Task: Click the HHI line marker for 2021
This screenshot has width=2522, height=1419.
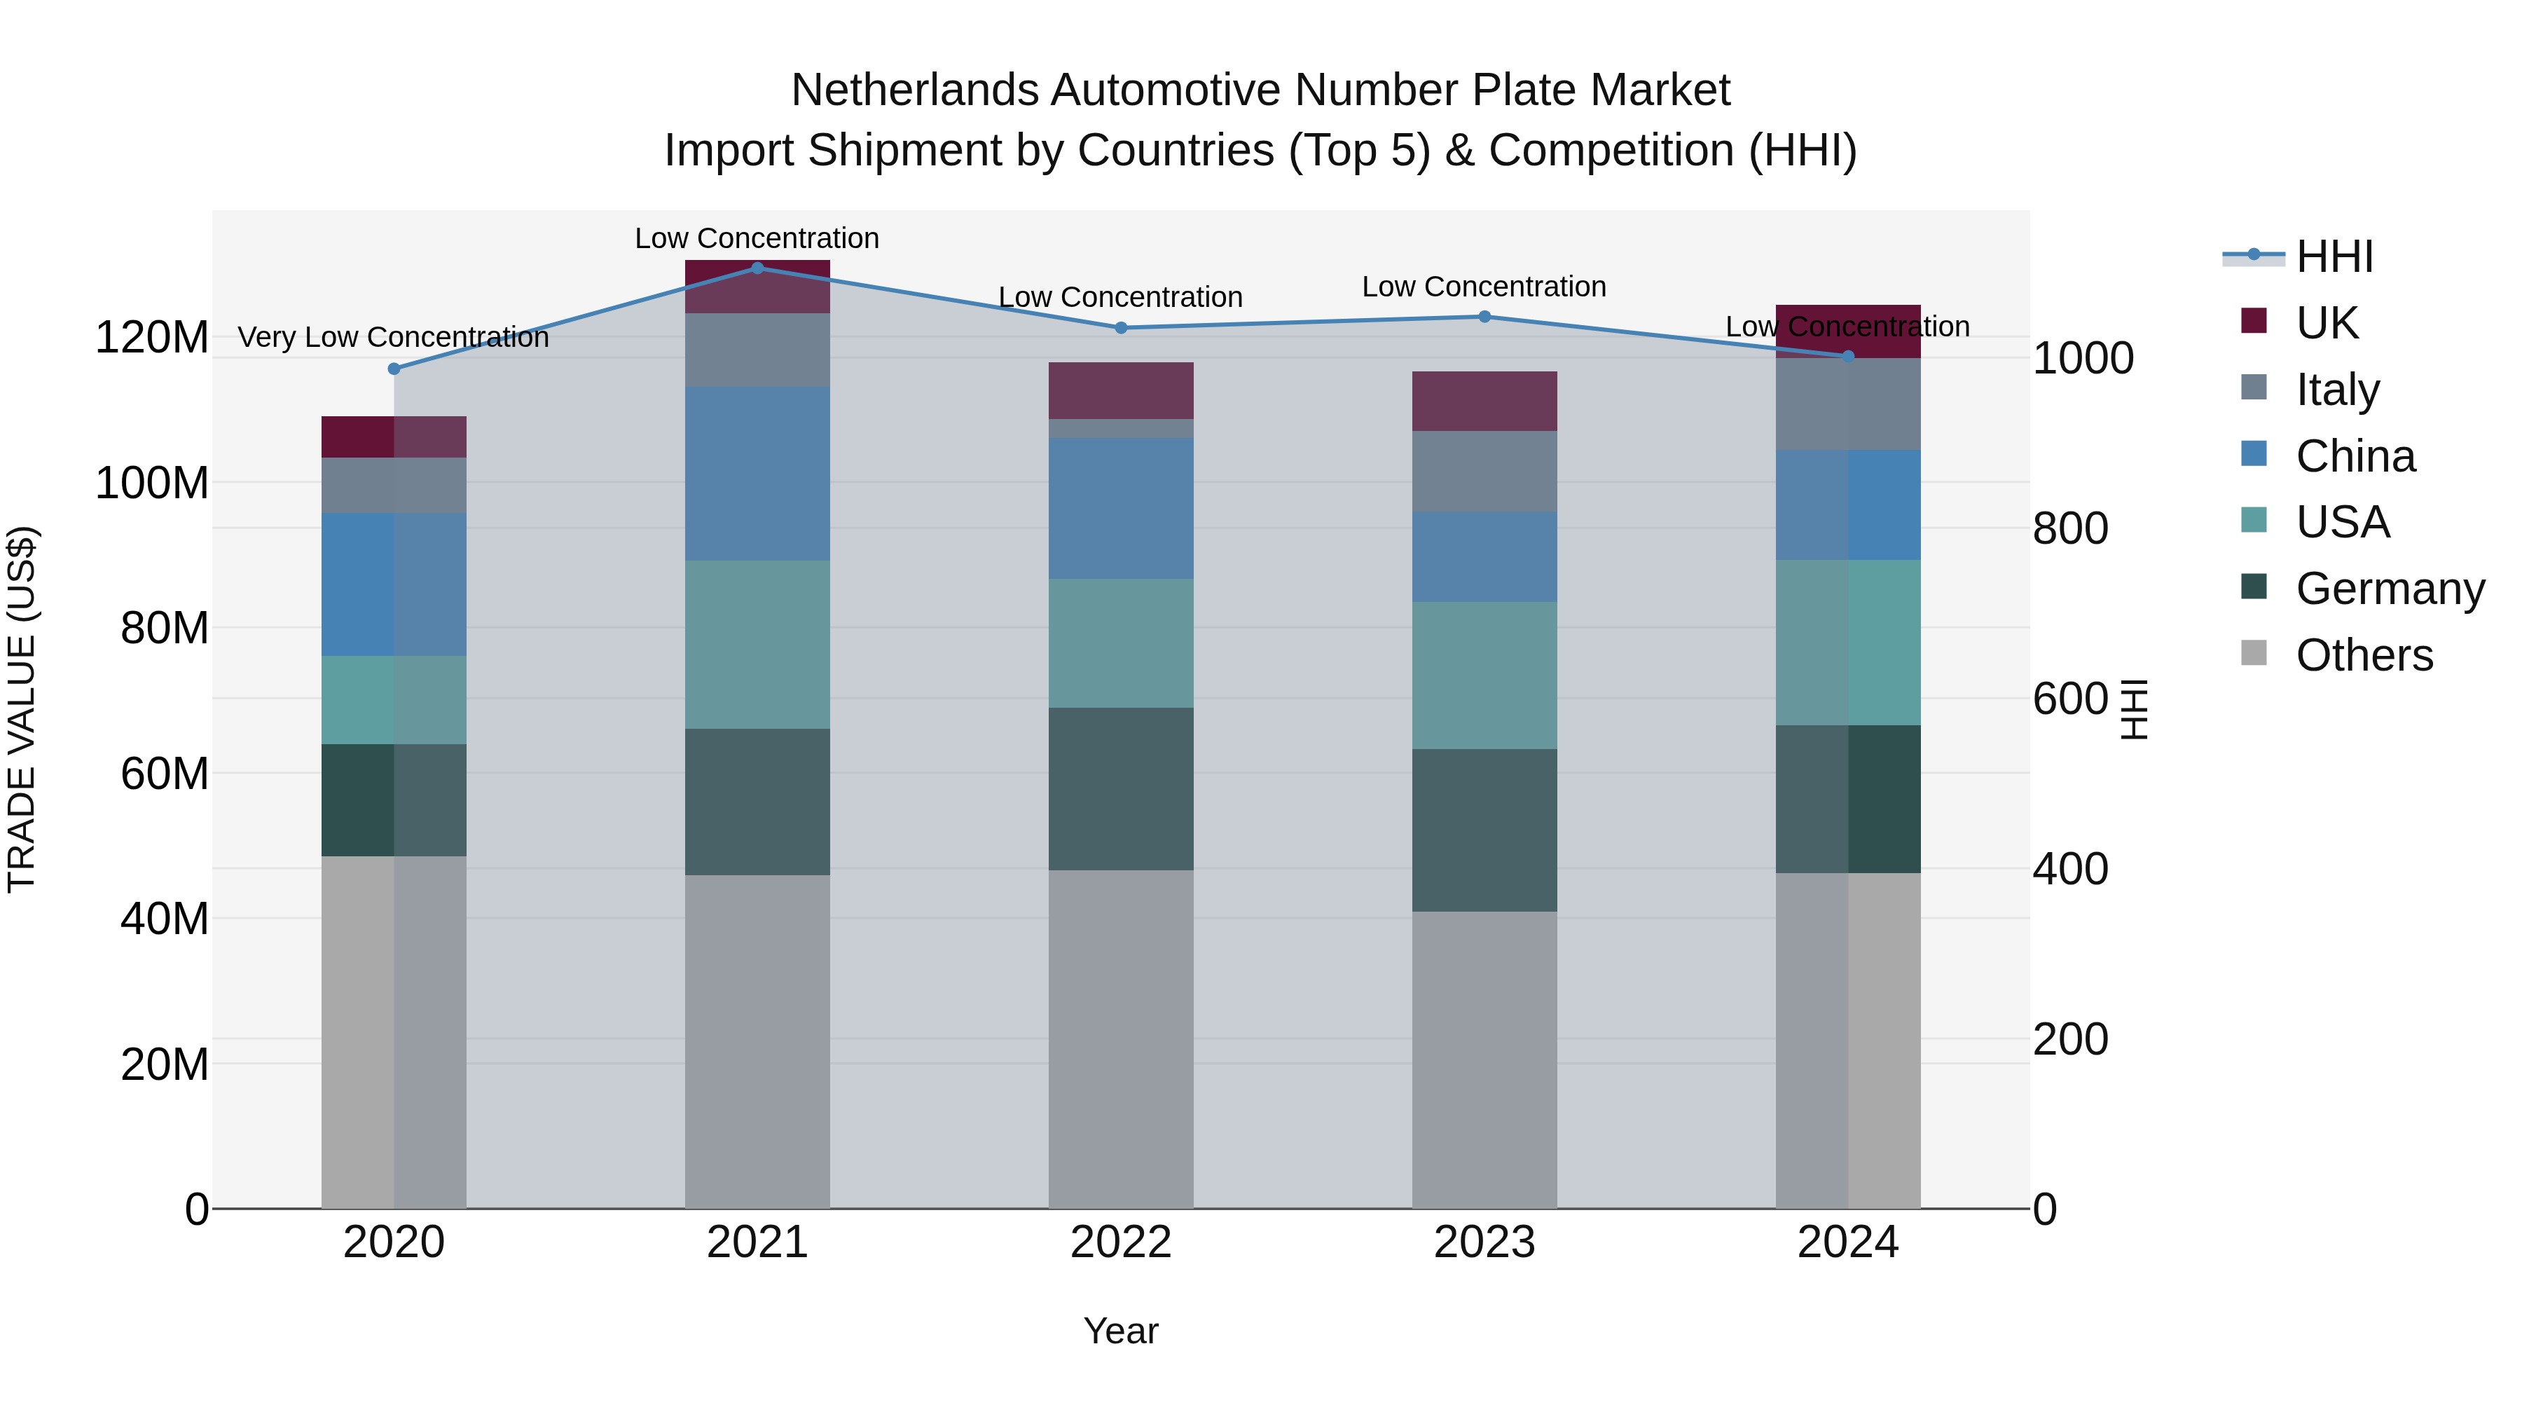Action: pos(757,268)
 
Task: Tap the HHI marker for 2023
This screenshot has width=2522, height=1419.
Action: pos(1484,316)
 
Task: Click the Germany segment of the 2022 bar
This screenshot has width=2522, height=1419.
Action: pos(1121,788)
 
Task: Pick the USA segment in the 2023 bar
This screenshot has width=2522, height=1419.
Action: pos(1484,675)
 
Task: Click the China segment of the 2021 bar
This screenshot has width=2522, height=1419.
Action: pos(757,473)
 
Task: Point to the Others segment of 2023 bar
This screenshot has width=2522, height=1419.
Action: pos(1484,1060)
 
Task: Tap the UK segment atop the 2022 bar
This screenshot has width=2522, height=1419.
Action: pos(1121,391)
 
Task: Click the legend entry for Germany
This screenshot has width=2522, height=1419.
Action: pos(2390,589)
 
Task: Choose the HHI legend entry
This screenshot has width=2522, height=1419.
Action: pos(2334,256)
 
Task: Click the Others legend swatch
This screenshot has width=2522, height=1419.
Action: pos(2254,652)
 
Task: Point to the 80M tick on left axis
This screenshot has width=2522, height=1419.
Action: pos(165,628)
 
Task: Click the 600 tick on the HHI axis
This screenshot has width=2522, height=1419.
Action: pos(2069,698)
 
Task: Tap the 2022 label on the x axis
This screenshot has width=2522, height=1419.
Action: pos(1121,1242)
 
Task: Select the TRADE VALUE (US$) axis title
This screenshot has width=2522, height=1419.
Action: pos(22,709)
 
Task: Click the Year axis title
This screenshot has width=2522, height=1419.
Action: pos(1121,1331)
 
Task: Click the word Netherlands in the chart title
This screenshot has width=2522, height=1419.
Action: pos(916,90)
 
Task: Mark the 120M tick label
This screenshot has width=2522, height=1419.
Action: pos(152,338)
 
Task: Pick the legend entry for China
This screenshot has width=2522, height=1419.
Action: pos(2355,456)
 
